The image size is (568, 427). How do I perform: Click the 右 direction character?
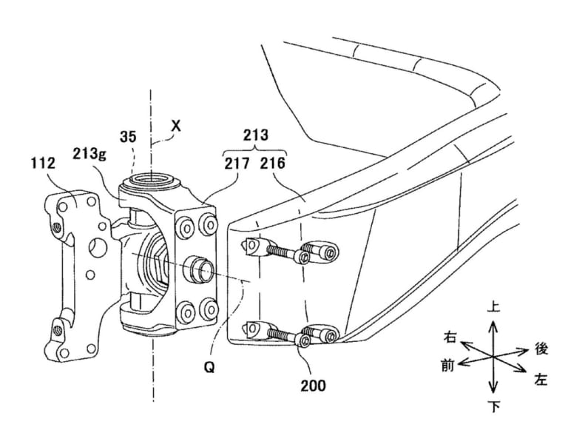[450, 337]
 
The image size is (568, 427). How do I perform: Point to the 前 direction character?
[448, 364]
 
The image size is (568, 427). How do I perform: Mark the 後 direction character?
[541, 346]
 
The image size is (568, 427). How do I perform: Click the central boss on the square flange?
[198, 267]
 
